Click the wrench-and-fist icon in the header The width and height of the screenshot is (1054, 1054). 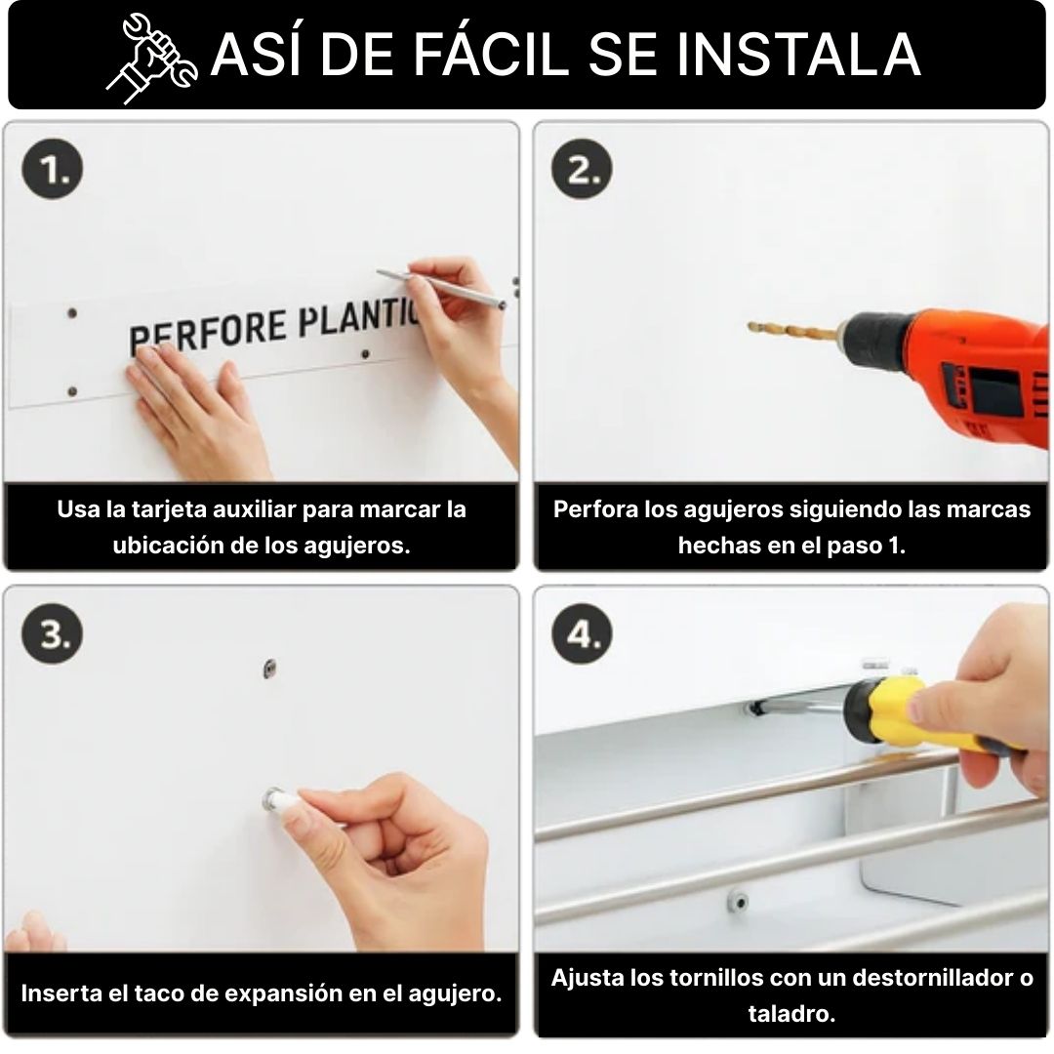152,59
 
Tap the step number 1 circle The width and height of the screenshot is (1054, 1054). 53,168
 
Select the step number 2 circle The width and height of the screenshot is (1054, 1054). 582,168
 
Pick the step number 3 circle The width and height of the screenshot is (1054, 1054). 53,633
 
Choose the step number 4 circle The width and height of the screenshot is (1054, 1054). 582,633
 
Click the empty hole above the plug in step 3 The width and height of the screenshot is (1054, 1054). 269,669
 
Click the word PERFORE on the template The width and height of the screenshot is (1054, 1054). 209,332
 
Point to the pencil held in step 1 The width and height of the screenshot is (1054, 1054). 441,289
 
